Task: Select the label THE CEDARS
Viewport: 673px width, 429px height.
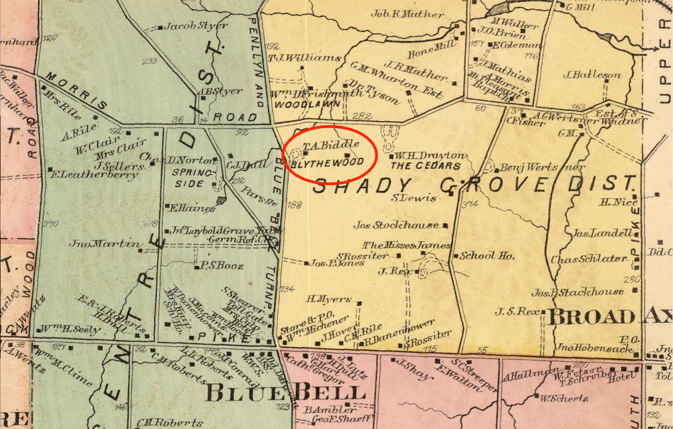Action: (426, 166)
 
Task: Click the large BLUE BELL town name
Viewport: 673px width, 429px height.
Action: (285, 393)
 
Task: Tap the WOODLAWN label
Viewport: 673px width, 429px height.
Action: (297, 105)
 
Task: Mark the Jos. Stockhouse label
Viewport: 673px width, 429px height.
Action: (397, 224)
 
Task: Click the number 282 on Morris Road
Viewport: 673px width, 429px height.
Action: (366, 117)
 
